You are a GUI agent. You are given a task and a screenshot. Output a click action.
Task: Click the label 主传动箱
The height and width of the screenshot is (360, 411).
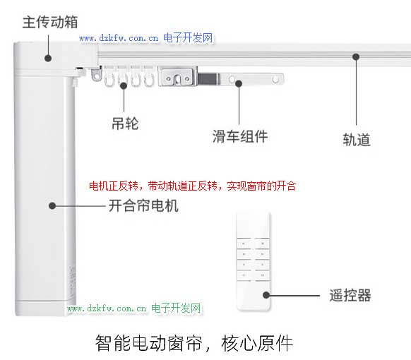click(50, 22)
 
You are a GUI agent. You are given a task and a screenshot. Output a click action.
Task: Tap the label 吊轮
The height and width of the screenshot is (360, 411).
click(125, 124)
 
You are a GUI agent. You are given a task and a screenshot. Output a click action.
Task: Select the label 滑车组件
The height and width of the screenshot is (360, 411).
click(240, 136)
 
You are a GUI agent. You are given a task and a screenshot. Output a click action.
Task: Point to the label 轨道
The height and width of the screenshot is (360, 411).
click(357, 139)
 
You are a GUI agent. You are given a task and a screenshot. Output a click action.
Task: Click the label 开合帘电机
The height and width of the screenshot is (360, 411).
click(143, 205)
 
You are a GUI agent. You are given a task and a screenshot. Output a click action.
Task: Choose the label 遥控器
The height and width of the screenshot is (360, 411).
click(350, 295)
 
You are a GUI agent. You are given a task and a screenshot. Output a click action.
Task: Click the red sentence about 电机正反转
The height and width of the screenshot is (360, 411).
click(192, 186)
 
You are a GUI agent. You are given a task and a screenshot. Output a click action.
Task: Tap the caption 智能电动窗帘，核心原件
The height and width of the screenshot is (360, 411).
click(193, 343)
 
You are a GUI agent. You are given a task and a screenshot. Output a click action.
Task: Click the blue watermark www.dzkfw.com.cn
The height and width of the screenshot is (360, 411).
click(119, 38)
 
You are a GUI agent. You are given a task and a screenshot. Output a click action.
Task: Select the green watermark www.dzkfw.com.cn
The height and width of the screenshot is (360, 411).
click(107, 308)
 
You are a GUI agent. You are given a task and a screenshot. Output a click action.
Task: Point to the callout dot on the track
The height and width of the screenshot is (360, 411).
click(356, 57)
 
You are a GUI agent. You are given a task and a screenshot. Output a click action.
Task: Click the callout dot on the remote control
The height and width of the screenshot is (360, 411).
click(266, 295)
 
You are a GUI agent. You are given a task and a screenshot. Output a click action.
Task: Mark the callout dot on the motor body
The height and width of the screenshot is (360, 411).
click(52, 205)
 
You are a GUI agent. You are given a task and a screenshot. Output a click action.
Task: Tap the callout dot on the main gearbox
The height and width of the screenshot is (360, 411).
click(48, 58)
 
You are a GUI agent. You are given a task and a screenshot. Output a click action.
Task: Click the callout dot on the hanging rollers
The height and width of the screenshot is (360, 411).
click(124, 85)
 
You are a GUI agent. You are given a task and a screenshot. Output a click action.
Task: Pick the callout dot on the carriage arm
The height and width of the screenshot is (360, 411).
click(239, 83)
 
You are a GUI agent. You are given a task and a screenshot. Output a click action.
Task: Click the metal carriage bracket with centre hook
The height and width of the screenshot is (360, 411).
click(177, 76)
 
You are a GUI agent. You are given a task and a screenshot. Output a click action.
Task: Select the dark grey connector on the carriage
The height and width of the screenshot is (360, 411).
click(208, 79)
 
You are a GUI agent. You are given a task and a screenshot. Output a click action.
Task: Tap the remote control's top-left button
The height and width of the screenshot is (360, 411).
click(244, 244)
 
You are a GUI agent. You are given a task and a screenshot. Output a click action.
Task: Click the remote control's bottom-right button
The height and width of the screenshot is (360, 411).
click(262, 275)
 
